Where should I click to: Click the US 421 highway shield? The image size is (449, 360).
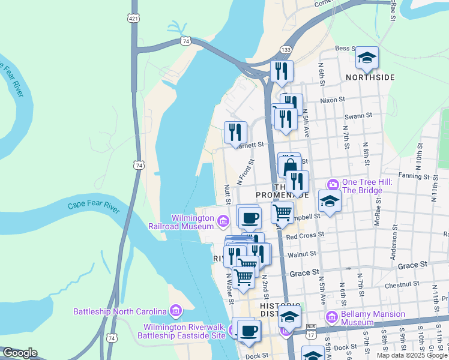[x=134, y=18]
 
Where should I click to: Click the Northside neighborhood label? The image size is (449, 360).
[x=370, y=77]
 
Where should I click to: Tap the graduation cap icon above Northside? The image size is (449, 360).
[x=366, y=58]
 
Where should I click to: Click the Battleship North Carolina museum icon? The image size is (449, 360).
[x=175, y=311]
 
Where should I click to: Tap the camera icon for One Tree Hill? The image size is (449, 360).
[x=333, y=184]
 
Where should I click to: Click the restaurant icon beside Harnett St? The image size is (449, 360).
[x=235, y=133]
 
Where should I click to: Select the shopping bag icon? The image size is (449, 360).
[x=289, y=166]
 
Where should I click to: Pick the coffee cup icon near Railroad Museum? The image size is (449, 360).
[x=249, y=217]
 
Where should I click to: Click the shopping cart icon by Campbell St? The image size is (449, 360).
[x=282, y=212]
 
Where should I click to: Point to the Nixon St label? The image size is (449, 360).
[x=333, y=100]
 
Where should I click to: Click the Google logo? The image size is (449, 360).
[x=20, y=353]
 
